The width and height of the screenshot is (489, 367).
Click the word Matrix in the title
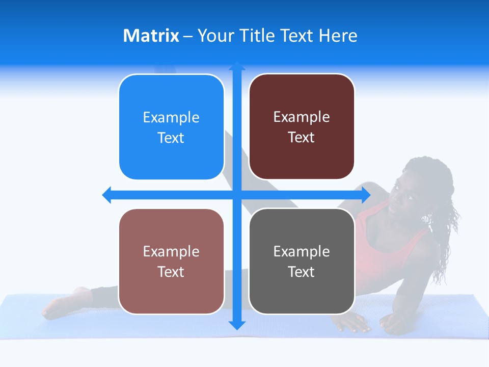pos(151,36)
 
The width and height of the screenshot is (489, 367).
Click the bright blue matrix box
pos(171,127)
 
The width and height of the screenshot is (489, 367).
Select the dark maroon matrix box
pos(302,127)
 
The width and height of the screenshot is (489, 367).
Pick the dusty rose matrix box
pos(171,261)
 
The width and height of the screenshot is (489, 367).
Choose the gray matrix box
pos(302,261)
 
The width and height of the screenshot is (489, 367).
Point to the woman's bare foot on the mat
pos(61,303)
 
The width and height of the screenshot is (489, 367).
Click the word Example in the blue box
pos(171,117)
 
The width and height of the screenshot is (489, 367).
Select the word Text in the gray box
pos(302,272)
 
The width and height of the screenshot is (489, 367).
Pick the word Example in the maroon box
pos(302,117)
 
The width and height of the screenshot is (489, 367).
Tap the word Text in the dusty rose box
pos(171,272)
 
